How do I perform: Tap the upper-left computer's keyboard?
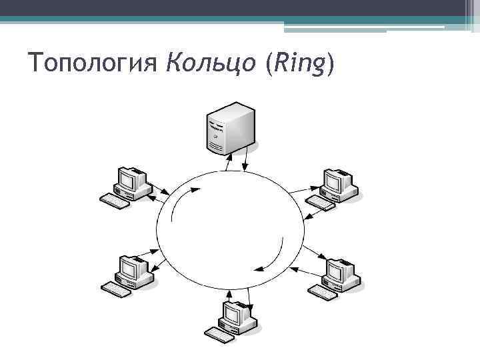114,200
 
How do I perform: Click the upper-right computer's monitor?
335,180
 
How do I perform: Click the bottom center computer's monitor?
234,313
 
